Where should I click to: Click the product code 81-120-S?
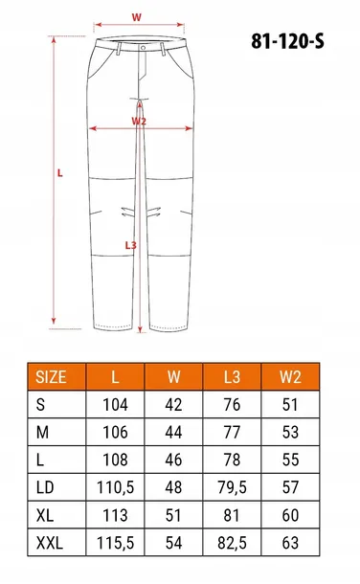pos(287,41)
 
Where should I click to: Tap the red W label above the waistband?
pos(137,17)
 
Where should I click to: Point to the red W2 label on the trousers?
pos(139,121)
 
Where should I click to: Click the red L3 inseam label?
pos(130,245)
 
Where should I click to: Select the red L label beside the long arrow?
pos(60,173)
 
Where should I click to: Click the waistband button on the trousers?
pos(144,48)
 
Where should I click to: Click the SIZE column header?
pos(51,377)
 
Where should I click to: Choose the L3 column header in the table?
pos(232,377)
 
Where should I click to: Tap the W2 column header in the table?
pos(290,377)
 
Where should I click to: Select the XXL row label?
pos(50,543)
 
